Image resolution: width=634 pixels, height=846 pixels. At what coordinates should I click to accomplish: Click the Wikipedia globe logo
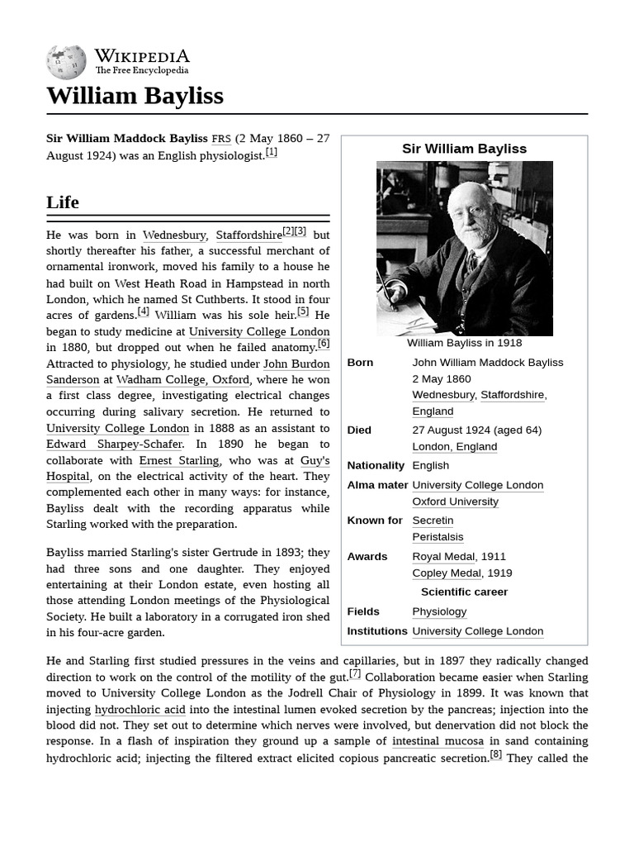click(66, 62)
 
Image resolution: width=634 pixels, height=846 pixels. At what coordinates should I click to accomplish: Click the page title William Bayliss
click(135, 96)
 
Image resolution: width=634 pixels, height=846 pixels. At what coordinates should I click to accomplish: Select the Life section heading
click(63, 202)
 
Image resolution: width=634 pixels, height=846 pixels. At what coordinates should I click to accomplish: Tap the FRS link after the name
click(221, 139)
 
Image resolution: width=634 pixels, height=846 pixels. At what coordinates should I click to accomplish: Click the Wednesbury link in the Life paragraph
click(174, 235)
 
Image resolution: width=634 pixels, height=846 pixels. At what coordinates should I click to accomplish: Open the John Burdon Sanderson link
click(296, 364)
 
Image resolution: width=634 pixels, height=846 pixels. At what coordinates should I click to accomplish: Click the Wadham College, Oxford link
click(182, 380)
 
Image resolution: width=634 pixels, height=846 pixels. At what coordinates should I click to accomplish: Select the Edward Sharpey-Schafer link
click(114, 444)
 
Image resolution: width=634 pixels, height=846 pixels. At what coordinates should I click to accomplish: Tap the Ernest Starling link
click(179, 461)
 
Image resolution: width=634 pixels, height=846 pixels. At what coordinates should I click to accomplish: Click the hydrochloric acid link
click(140, 710)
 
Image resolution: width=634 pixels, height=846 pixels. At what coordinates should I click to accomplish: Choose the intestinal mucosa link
click(438, 742)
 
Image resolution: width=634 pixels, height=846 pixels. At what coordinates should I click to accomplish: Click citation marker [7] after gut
click(355, 674)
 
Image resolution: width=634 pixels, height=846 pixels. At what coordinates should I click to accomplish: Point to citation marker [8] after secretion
click(495, 754)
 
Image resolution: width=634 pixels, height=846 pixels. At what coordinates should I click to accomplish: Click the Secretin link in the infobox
click(433, 520)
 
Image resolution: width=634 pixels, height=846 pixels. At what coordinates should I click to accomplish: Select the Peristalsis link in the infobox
click(438, 537)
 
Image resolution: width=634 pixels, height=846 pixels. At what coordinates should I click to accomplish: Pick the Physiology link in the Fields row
click(439, 612)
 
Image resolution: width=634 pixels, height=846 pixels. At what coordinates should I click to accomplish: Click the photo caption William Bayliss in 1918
click(464, 343)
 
